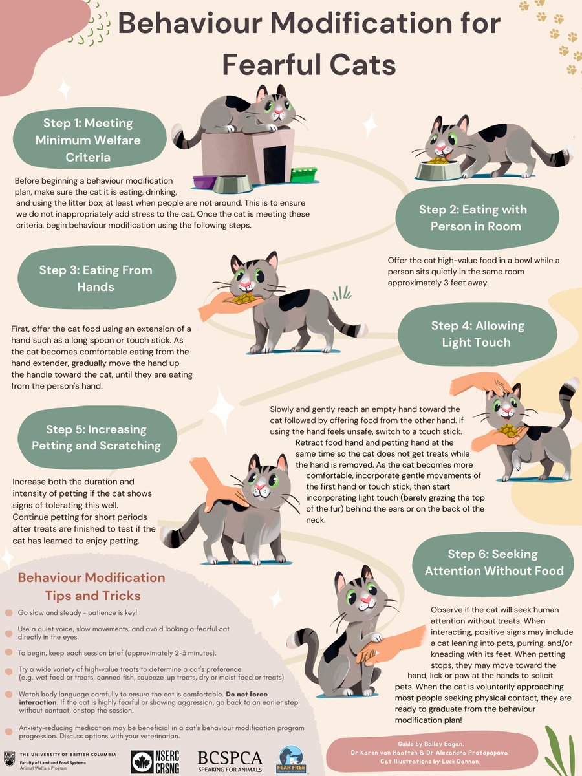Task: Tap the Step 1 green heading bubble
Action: pos(89,139)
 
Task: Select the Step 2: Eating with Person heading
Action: pos(477,217)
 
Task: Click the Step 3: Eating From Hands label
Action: pos(96,278)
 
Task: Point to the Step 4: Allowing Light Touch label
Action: pos(477,334)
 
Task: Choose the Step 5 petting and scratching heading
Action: pos(96,437)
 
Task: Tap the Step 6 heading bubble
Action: pos(493,563)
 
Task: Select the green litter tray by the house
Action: pos(303,175)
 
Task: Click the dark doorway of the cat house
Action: pos(275,164)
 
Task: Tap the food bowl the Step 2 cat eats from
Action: pos(439,169)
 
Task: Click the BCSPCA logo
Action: pos(230,760)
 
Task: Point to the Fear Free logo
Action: pos(291,760)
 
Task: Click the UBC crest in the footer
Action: pos(9,759)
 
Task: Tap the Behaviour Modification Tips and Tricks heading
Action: pos(92,587)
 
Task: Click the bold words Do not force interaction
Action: pos(143,698)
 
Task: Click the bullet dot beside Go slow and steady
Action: pos(9,612)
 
